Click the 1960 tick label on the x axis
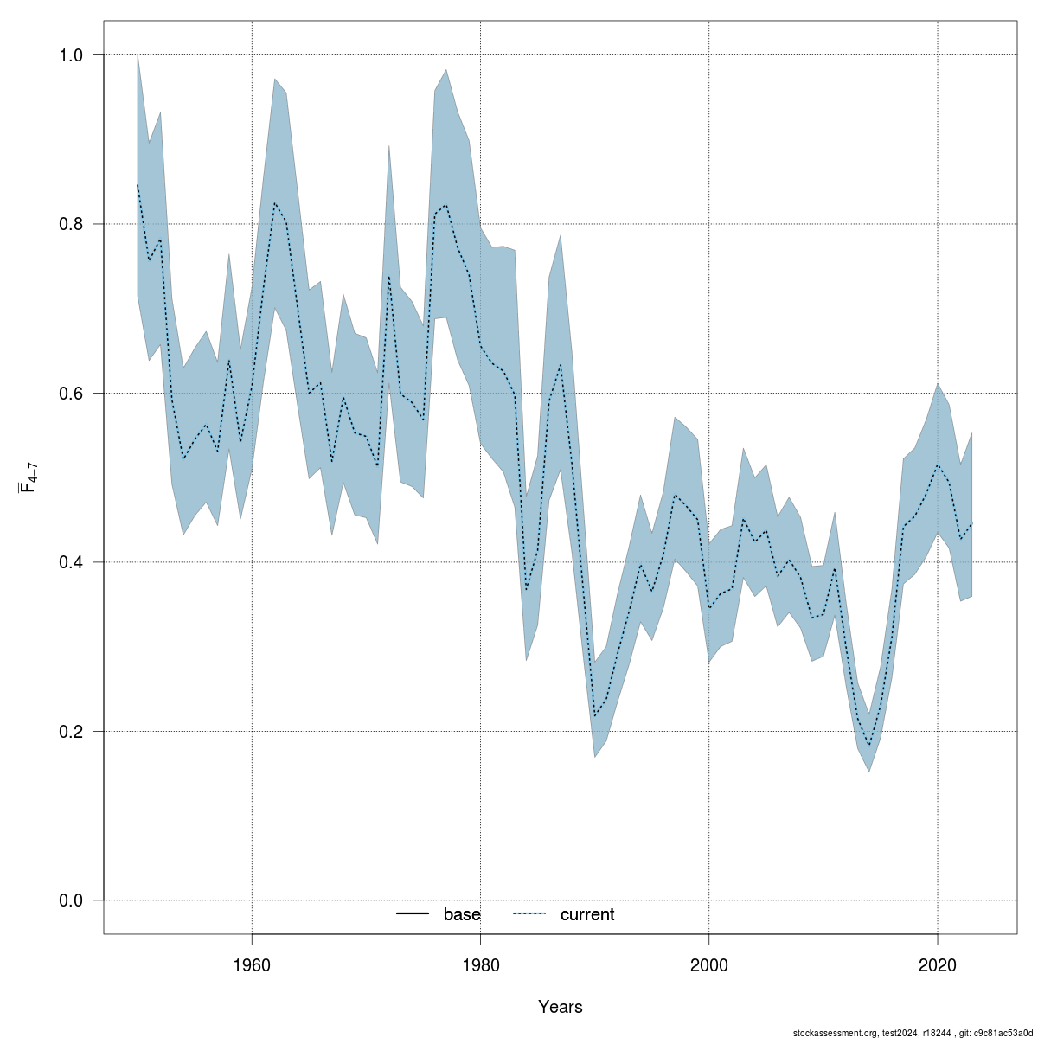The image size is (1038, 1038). (x=252, y=964)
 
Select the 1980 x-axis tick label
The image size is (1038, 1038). (x=480, y=964)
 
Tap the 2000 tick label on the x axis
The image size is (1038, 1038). (x=708, y=964)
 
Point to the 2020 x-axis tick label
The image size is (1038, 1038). (x=937, y=964)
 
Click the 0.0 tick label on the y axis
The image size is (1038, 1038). (x=71, y=900)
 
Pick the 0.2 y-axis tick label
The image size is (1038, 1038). (x=71, y=732)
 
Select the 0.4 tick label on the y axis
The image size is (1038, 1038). (x=71, y=562)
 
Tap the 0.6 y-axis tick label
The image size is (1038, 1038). (x=71, y=394)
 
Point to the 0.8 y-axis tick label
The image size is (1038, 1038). (x=71, y=224)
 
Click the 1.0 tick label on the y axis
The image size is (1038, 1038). (x=71, y=55)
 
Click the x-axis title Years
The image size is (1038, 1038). (x=561, y=1007)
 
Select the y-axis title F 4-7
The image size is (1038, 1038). (x=28, y=477)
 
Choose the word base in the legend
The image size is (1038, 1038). (x=462, y=914)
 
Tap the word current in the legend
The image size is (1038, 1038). (x=587, y=914)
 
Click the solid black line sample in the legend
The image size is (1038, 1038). (x=413, y=914)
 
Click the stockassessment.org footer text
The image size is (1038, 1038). (x=913, y=1033)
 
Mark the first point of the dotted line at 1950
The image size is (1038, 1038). (x=138, y=185)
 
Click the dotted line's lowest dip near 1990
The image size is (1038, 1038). (x=595, y=715)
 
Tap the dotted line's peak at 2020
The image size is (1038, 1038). (x=937, y=465)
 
